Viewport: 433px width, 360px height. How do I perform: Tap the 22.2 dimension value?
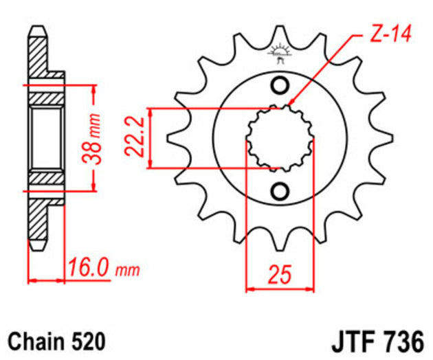[x=137, y=137]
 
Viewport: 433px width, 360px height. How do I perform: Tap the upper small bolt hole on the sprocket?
[x=280, y=86]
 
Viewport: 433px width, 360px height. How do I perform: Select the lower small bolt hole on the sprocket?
[x=280, y=190]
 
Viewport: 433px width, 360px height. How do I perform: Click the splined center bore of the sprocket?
[x=280, y=137]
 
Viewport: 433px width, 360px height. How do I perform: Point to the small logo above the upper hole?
[x=280, y=51]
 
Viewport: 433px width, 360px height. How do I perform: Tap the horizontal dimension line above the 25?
[x=280, y=289]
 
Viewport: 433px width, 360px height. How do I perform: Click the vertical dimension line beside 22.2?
[x=151, y=137]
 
